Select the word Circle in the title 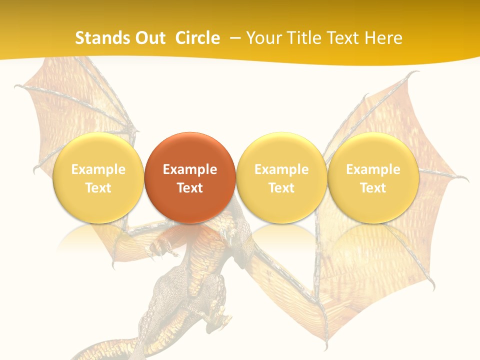pyautogui.click(x=197, y=38)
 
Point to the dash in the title pyautogui.click(x=234, y=38)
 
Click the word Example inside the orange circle pyautogui.click(x=190, y=169)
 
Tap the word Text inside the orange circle pyautogui.click(x=190, y=188)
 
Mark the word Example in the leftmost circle pyautogui.click(x=98, y=169)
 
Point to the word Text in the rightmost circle pyautogui.click(x=373, y=188)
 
